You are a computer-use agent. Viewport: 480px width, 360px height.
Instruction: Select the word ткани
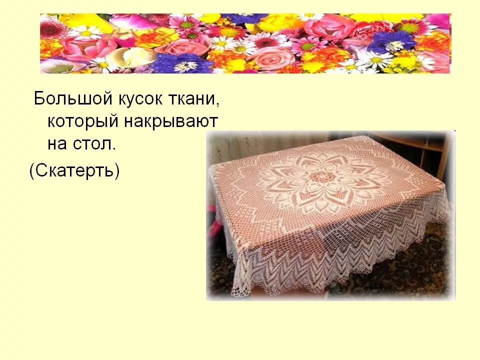click(x=195, y=99)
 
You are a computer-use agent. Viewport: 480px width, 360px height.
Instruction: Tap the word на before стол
click(x=57, y=144)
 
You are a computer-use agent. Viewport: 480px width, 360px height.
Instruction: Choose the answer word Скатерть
click(x=75, y=171)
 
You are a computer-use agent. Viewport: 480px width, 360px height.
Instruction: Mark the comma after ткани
click(x=217, y=103)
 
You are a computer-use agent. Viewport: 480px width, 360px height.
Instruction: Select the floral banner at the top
click(x=245, y=43)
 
